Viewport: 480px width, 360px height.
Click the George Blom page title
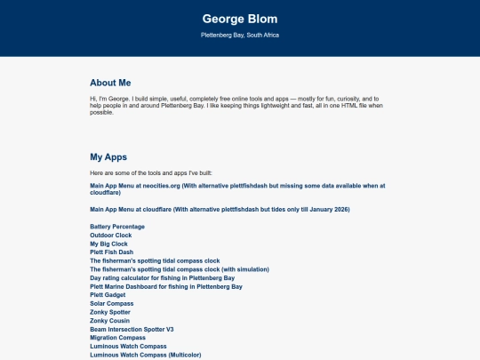pos(240,18)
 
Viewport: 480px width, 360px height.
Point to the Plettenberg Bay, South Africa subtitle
pos(240,36)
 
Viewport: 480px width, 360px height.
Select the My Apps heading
pos(108,156)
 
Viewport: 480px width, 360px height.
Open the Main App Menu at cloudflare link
pos(220,209)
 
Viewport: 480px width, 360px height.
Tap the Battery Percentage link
pos(117,227)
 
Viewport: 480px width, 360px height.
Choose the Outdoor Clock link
pos(111,236)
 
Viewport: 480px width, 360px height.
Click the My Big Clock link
pos(109,244)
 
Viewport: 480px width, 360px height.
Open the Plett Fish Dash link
pos(111,252)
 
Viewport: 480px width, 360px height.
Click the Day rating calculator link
pos(162,278)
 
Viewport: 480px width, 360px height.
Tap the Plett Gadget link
pos(108,295)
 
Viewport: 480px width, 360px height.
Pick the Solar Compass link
pos(111,303)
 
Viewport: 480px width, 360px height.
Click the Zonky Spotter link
pos(110,312)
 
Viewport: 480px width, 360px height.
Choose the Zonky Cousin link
pos(110,320)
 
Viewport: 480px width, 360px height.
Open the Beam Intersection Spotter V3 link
pos(132,329)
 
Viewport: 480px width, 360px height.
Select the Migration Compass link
pos(118,338)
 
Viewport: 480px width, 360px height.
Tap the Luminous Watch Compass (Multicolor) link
pos(146,355)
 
